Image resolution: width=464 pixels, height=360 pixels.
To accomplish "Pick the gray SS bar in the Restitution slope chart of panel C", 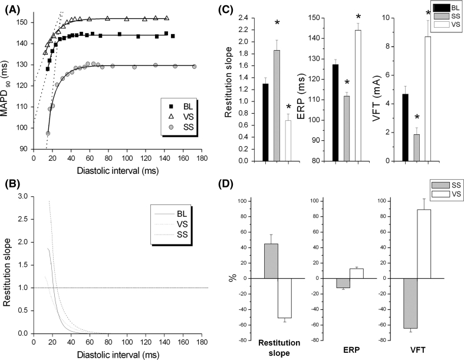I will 277,105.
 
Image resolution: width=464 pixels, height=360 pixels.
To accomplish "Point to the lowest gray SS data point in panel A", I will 48,133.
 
